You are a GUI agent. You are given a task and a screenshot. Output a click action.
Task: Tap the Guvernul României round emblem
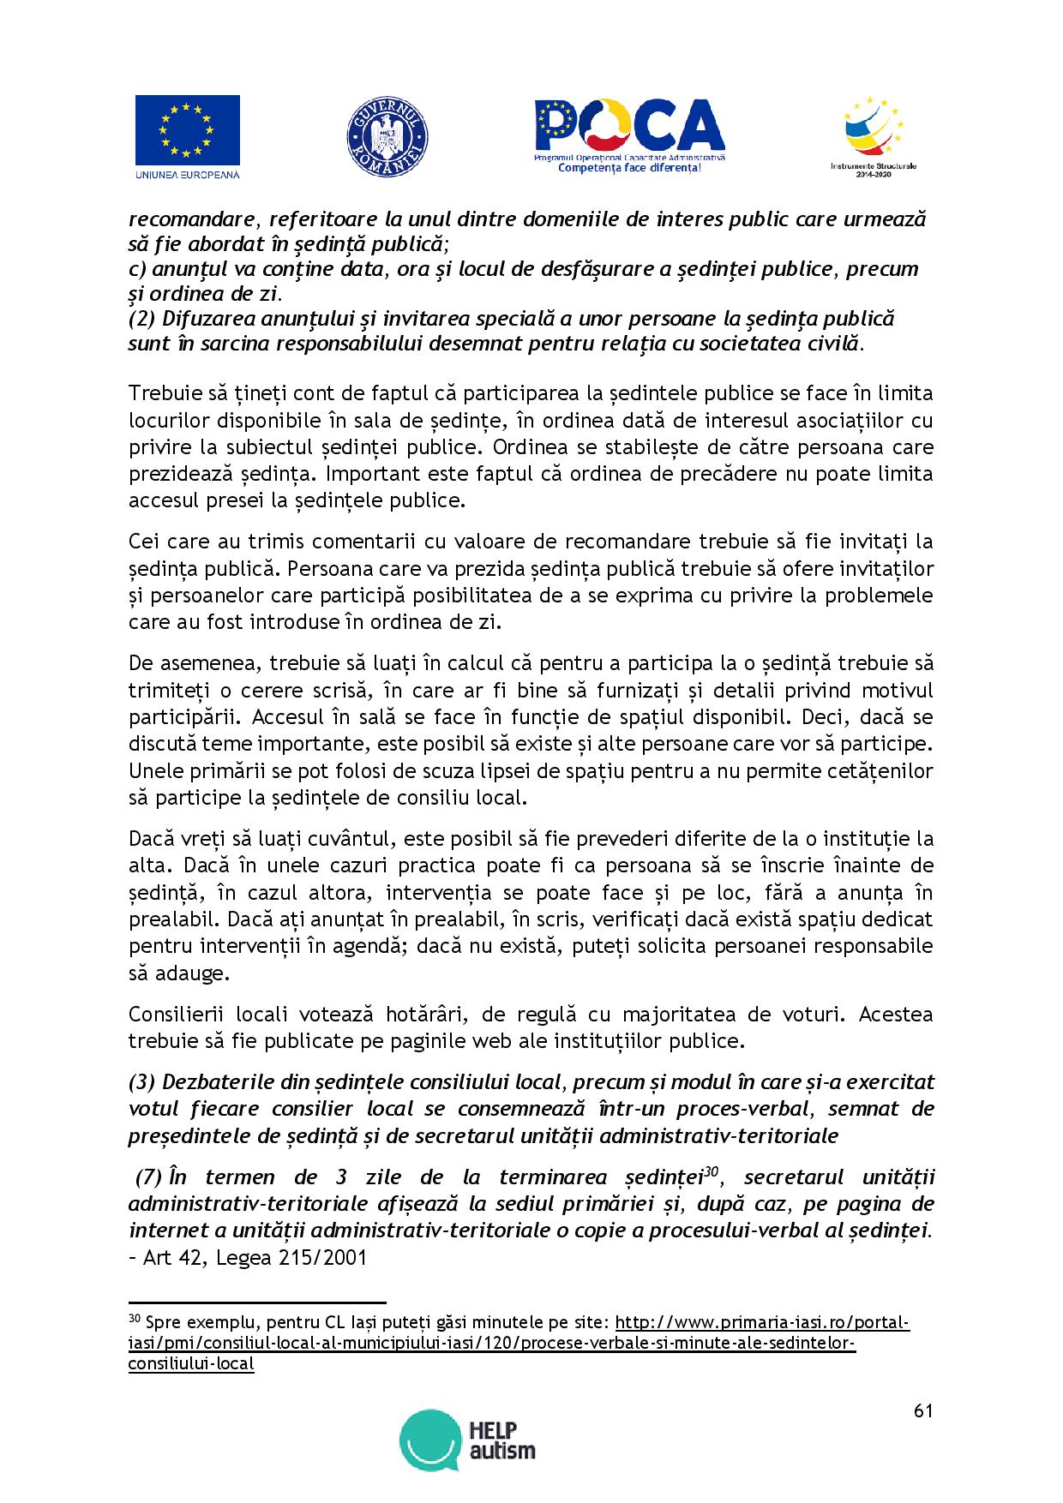coord(387,138)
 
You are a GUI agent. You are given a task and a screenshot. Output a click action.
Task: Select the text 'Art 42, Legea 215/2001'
coord(256,1258)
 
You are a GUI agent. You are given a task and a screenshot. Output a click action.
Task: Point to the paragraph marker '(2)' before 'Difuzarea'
coord(141,319)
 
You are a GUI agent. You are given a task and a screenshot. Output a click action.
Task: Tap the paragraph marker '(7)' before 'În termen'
coord(147,1177)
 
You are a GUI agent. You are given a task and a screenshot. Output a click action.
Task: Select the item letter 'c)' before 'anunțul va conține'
coord(138,269)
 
